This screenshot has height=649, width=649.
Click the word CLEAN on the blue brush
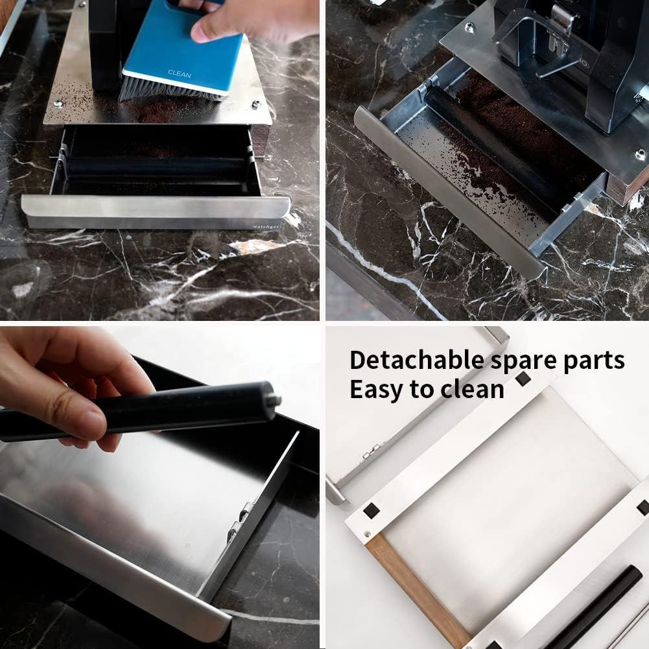[x=180, y=74]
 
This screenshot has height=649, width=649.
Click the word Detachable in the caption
[x=416, y=360]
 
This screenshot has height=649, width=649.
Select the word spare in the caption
[x=525, y=361]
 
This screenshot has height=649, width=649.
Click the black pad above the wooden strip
[x=372, y=511]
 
